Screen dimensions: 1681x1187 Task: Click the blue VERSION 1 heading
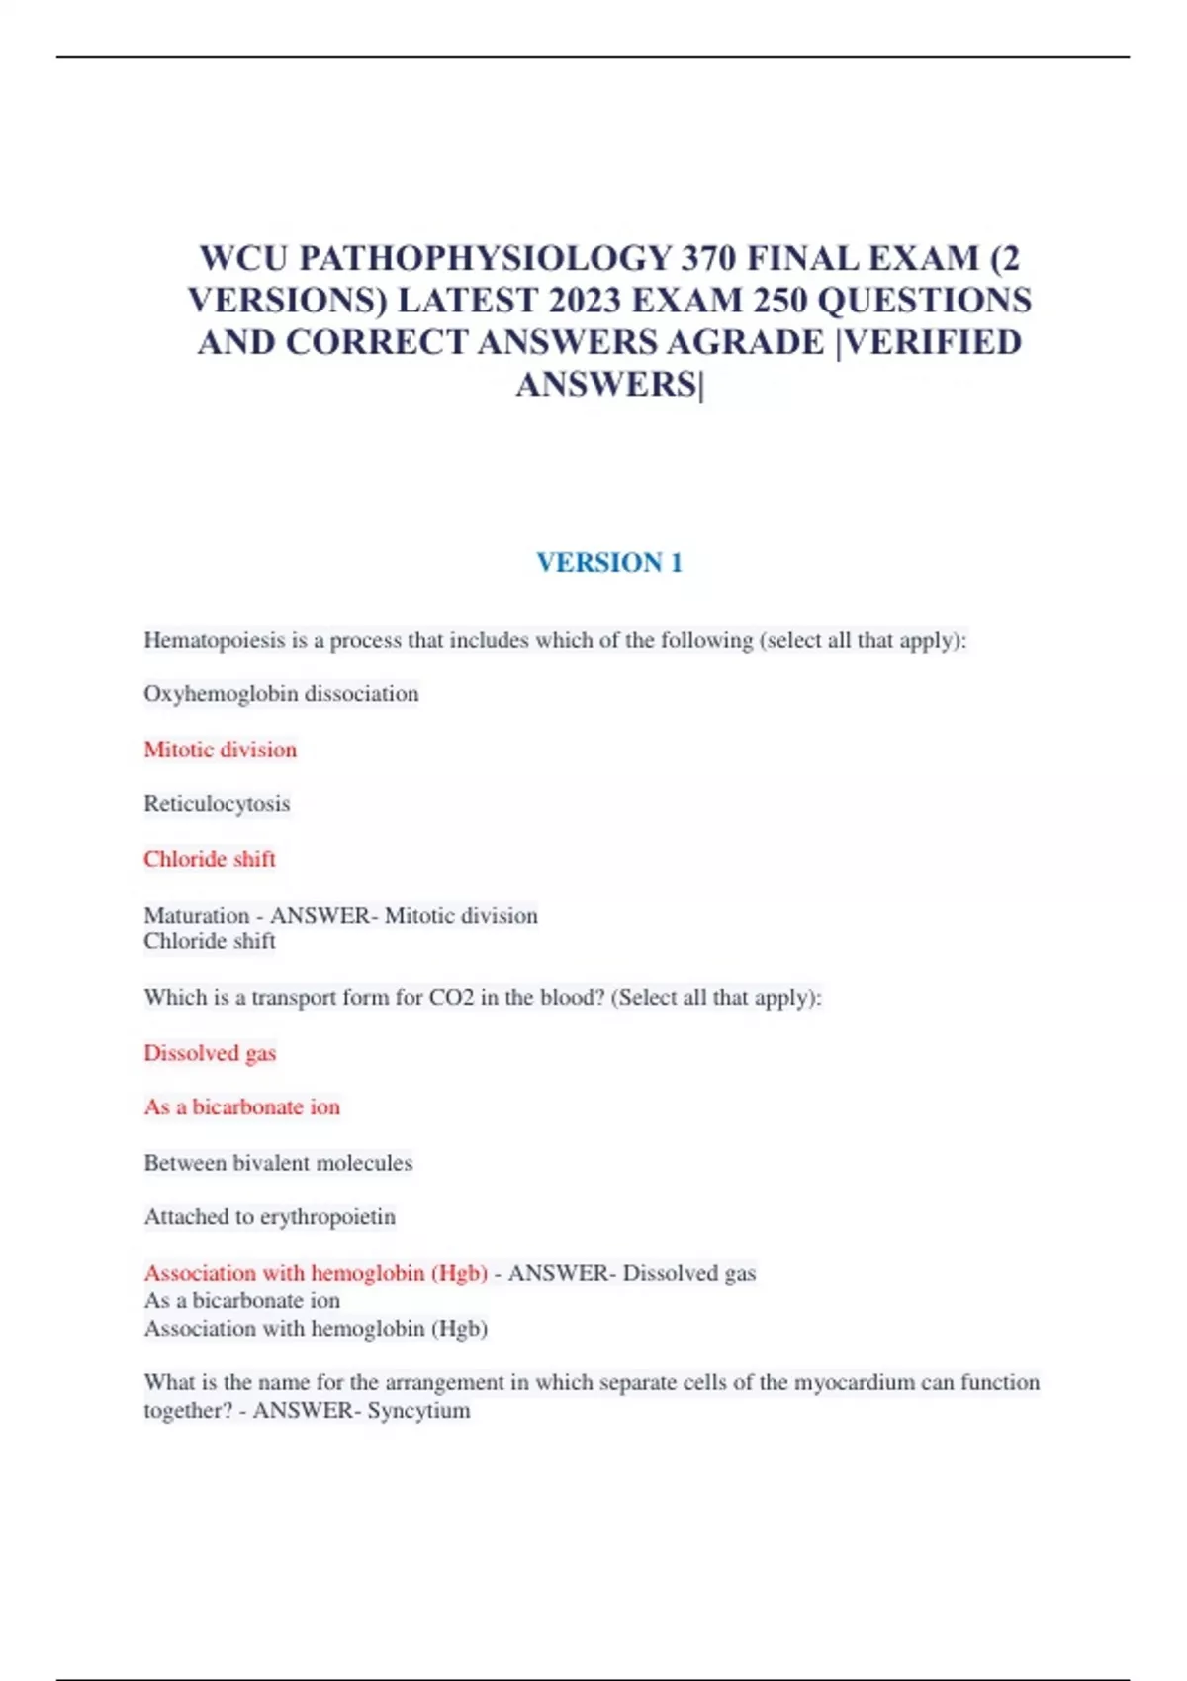(x=609, y=562)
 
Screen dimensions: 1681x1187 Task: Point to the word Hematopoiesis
(x=214, y=640)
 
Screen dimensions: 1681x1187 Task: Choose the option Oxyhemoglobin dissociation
(x=281, y=694)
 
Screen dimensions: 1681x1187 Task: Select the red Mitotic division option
(x=220, y=750)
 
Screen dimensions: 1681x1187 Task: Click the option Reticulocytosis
(x=217, y=804)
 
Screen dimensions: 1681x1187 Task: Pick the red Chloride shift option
(x=210, y=859)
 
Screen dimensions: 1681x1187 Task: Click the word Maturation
(x=196, y=915)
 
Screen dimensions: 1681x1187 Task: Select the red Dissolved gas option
(x=210, y=1053)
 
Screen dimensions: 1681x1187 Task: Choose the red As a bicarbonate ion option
(x=241, y=1107)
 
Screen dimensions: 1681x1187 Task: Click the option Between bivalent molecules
(x=278, y=1163)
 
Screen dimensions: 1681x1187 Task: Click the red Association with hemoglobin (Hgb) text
(x=316, y=1273)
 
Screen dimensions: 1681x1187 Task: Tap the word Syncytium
(x=418, y=1410)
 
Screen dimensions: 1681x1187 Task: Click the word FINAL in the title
(x=802, y=258)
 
